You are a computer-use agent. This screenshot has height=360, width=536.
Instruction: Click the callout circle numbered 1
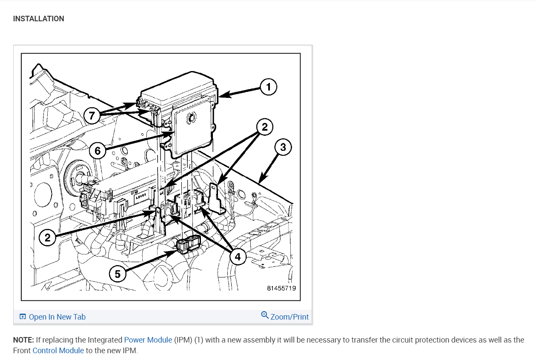click(x=268, y=87)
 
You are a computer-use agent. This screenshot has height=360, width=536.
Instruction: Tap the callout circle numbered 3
click(x=283, y=148)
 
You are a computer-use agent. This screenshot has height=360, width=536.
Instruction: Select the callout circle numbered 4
click(x=238, y=257)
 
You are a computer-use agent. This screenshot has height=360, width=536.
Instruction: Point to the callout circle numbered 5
click(x=118, y=274)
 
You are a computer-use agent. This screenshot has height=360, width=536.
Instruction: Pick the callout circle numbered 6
click(x=97, y=151)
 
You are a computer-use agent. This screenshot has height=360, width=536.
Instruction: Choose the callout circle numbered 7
click(x=92, y=115)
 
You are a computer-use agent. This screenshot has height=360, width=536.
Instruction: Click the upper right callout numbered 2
click(x=264, y=127)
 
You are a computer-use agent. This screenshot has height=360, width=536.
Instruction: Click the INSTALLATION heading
click(x=39, y=19)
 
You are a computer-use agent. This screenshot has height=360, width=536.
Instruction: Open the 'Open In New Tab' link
click(x=57, y=317)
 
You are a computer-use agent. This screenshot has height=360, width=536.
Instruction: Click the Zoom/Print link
click(x=289, y=317)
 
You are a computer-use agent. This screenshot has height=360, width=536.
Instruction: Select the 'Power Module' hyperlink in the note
click(x=148, y=340)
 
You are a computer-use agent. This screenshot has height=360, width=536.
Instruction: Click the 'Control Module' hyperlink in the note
click(x=58, y=351)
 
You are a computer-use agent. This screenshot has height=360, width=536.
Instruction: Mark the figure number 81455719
click(x=281, y=288)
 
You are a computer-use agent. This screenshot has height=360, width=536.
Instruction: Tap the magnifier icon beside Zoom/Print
click(x=265, y=315)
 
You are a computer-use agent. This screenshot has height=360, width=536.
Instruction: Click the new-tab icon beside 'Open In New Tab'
click(x=23, y=317)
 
